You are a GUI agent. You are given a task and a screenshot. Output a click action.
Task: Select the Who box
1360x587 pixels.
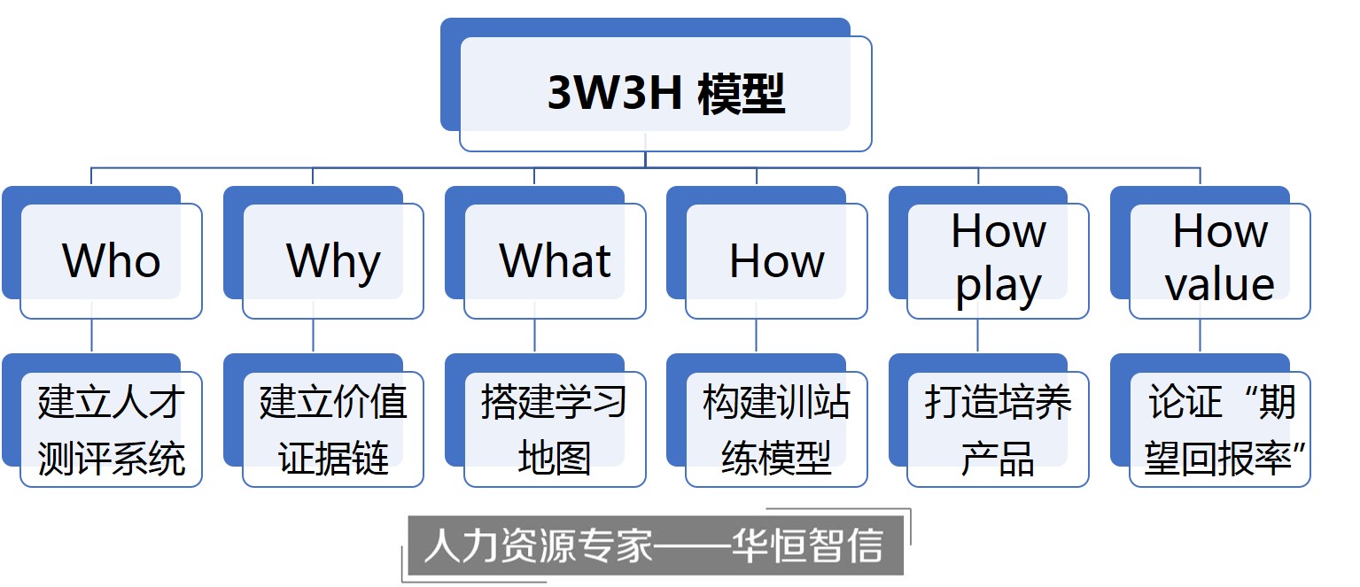pos(112,261)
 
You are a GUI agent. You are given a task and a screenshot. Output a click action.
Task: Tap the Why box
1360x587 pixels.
pos(333,261)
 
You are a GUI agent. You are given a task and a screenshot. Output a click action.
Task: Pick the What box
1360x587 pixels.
pos(556,261)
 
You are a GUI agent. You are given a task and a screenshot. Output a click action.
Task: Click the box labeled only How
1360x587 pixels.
pos(777,261)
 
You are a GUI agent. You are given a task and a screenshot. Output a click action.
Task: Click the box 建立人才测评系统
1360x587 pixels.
pos(112,430)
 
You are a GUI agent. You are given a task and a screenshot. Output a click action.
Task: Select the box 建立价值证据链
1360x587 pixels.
pos(333,430)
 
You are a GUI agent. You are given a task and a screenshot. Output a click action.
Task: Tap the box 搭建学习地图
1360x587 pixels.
pos(556,430)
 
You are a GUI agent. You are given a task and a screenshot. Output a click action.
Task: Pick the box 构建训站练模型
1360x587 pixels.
pos(777,430)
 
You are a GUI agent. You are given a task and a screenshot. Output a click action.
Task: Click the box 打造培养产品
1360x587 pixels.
pos(999,430)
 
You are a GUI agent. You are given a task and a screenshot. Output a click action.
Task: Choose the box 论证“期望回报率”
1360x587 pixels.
pos(1220,430)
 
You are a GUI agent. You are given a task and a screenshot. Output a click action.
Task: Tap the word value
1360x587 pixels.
pos(1220,285)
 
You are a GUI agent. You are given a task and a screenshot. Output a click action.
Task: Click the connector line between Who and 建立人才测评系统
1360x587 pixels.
pos(92,337)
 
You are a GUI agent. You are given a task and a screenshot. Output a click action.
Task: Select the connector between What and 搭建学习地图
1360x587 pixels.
pos(535,337)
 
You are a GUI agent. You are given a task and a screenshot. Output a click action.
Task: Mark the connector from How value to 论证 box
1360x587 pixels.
pos(1201,337)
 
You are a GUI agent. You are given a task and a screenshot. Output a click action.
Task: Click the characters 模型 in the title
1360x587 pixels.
pos(741,93)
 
